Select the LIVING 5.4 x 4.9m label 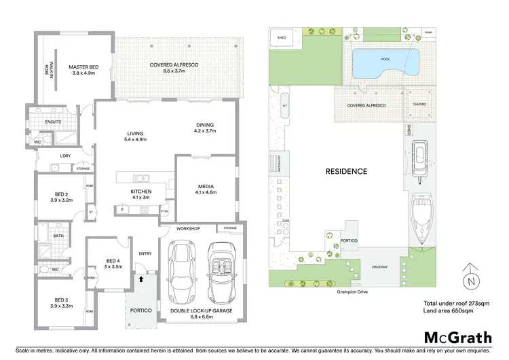tap(136, 137)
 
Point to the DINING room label tap(204, 128)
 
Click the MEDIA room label tap(206, 190)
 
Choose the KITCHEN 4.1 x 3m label tap(140, 195)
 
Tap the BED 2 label tap(60, 197)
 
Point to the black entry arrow tap(141, 278)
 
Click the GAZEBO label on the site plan tap(419, 106)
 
